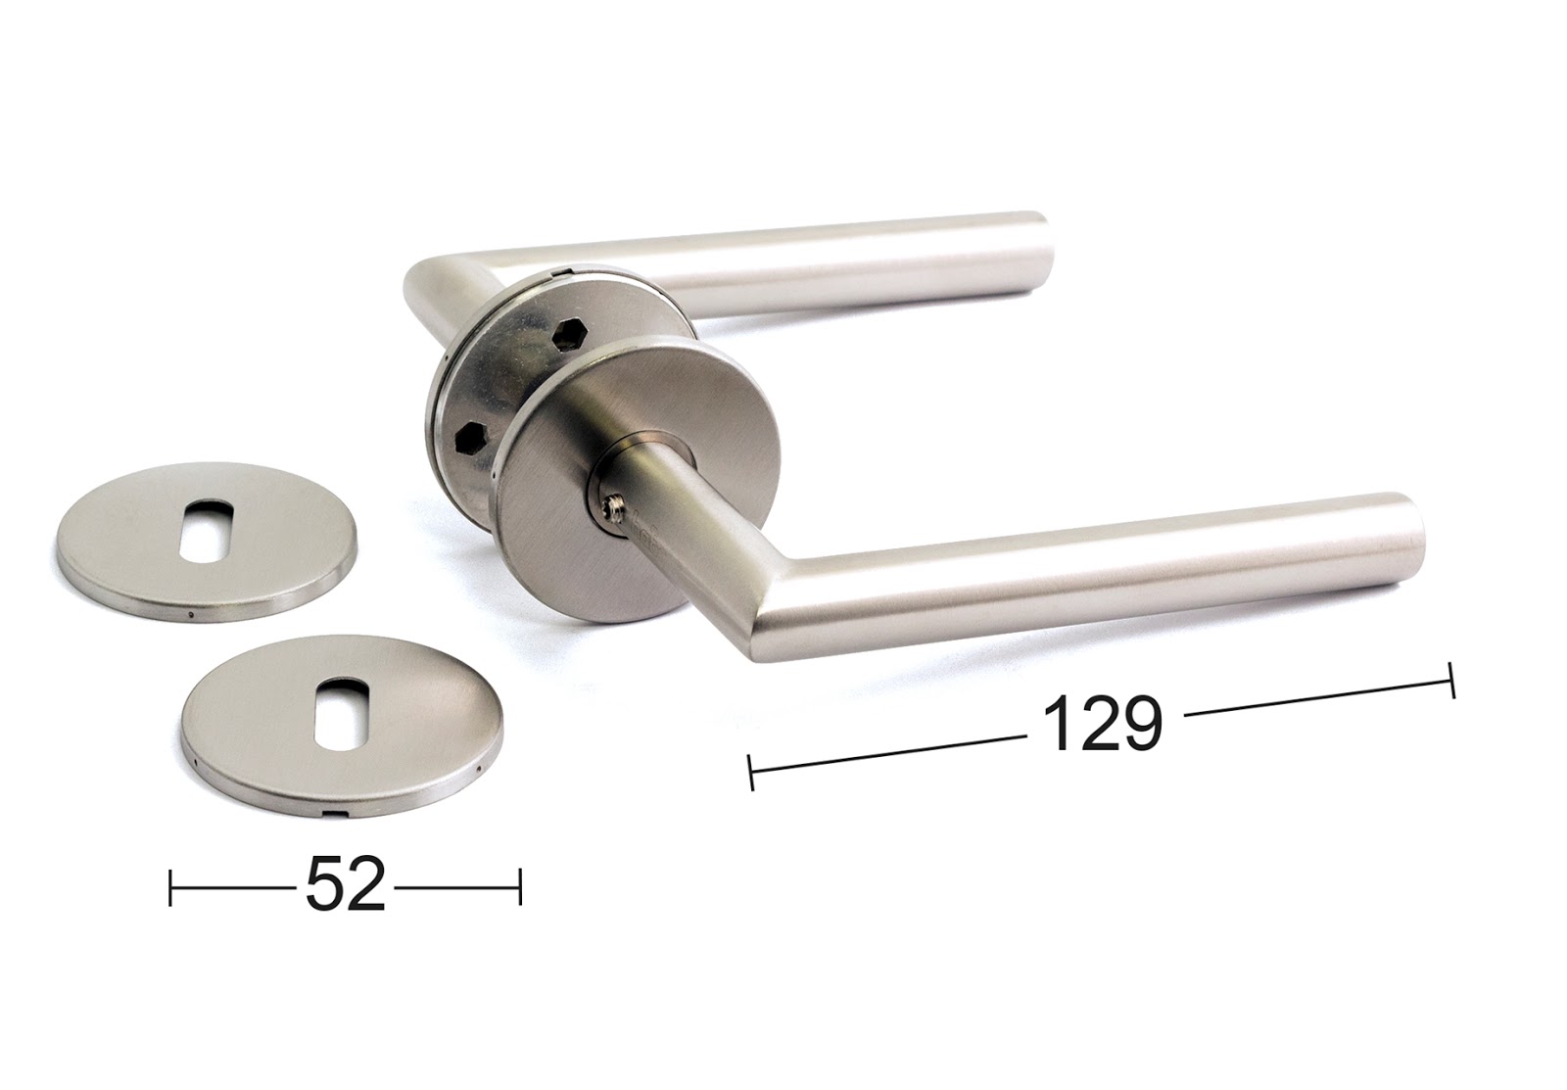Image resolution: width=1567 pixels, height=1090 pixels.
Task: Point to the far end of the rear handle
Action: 1041,255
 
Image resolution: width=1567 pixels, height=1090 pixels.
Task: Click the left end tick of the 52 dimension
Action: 170,887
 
